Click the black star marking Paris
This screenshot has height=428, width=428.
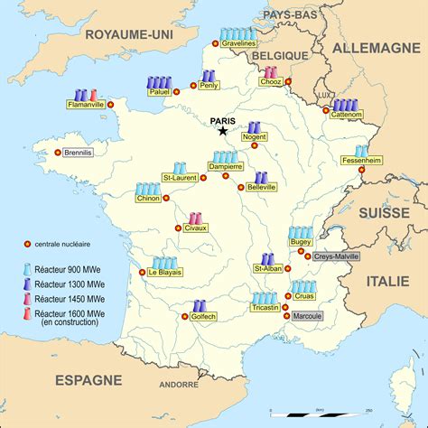pos(222,131)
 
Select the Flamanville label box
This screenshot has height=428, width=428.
pos(86,105)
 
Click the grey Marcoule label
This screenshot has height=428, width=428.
pos(307,316)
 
